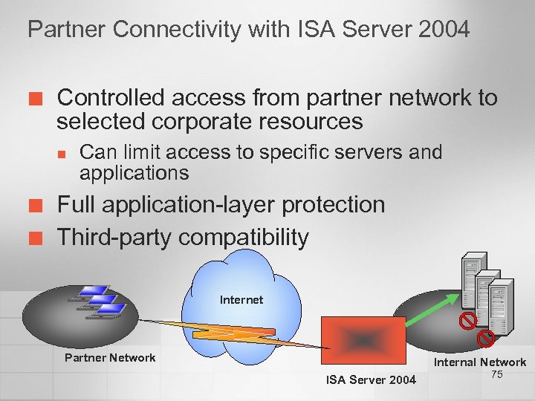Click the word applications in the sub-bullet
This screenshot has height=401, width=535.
coord(134,173)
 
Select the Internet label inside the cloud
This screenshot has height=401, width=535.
coord(241,300)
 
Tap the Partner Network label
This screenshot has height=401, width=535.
coord(110,358)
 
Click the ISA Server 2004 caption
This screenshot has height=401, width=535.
coord(372,380)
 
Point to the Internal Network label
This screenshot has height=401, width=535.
coord(480,362)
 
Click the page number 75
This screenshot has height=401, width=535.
coord(497,374)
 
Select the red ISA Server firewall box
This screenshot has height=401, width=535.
coord(363,342)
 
